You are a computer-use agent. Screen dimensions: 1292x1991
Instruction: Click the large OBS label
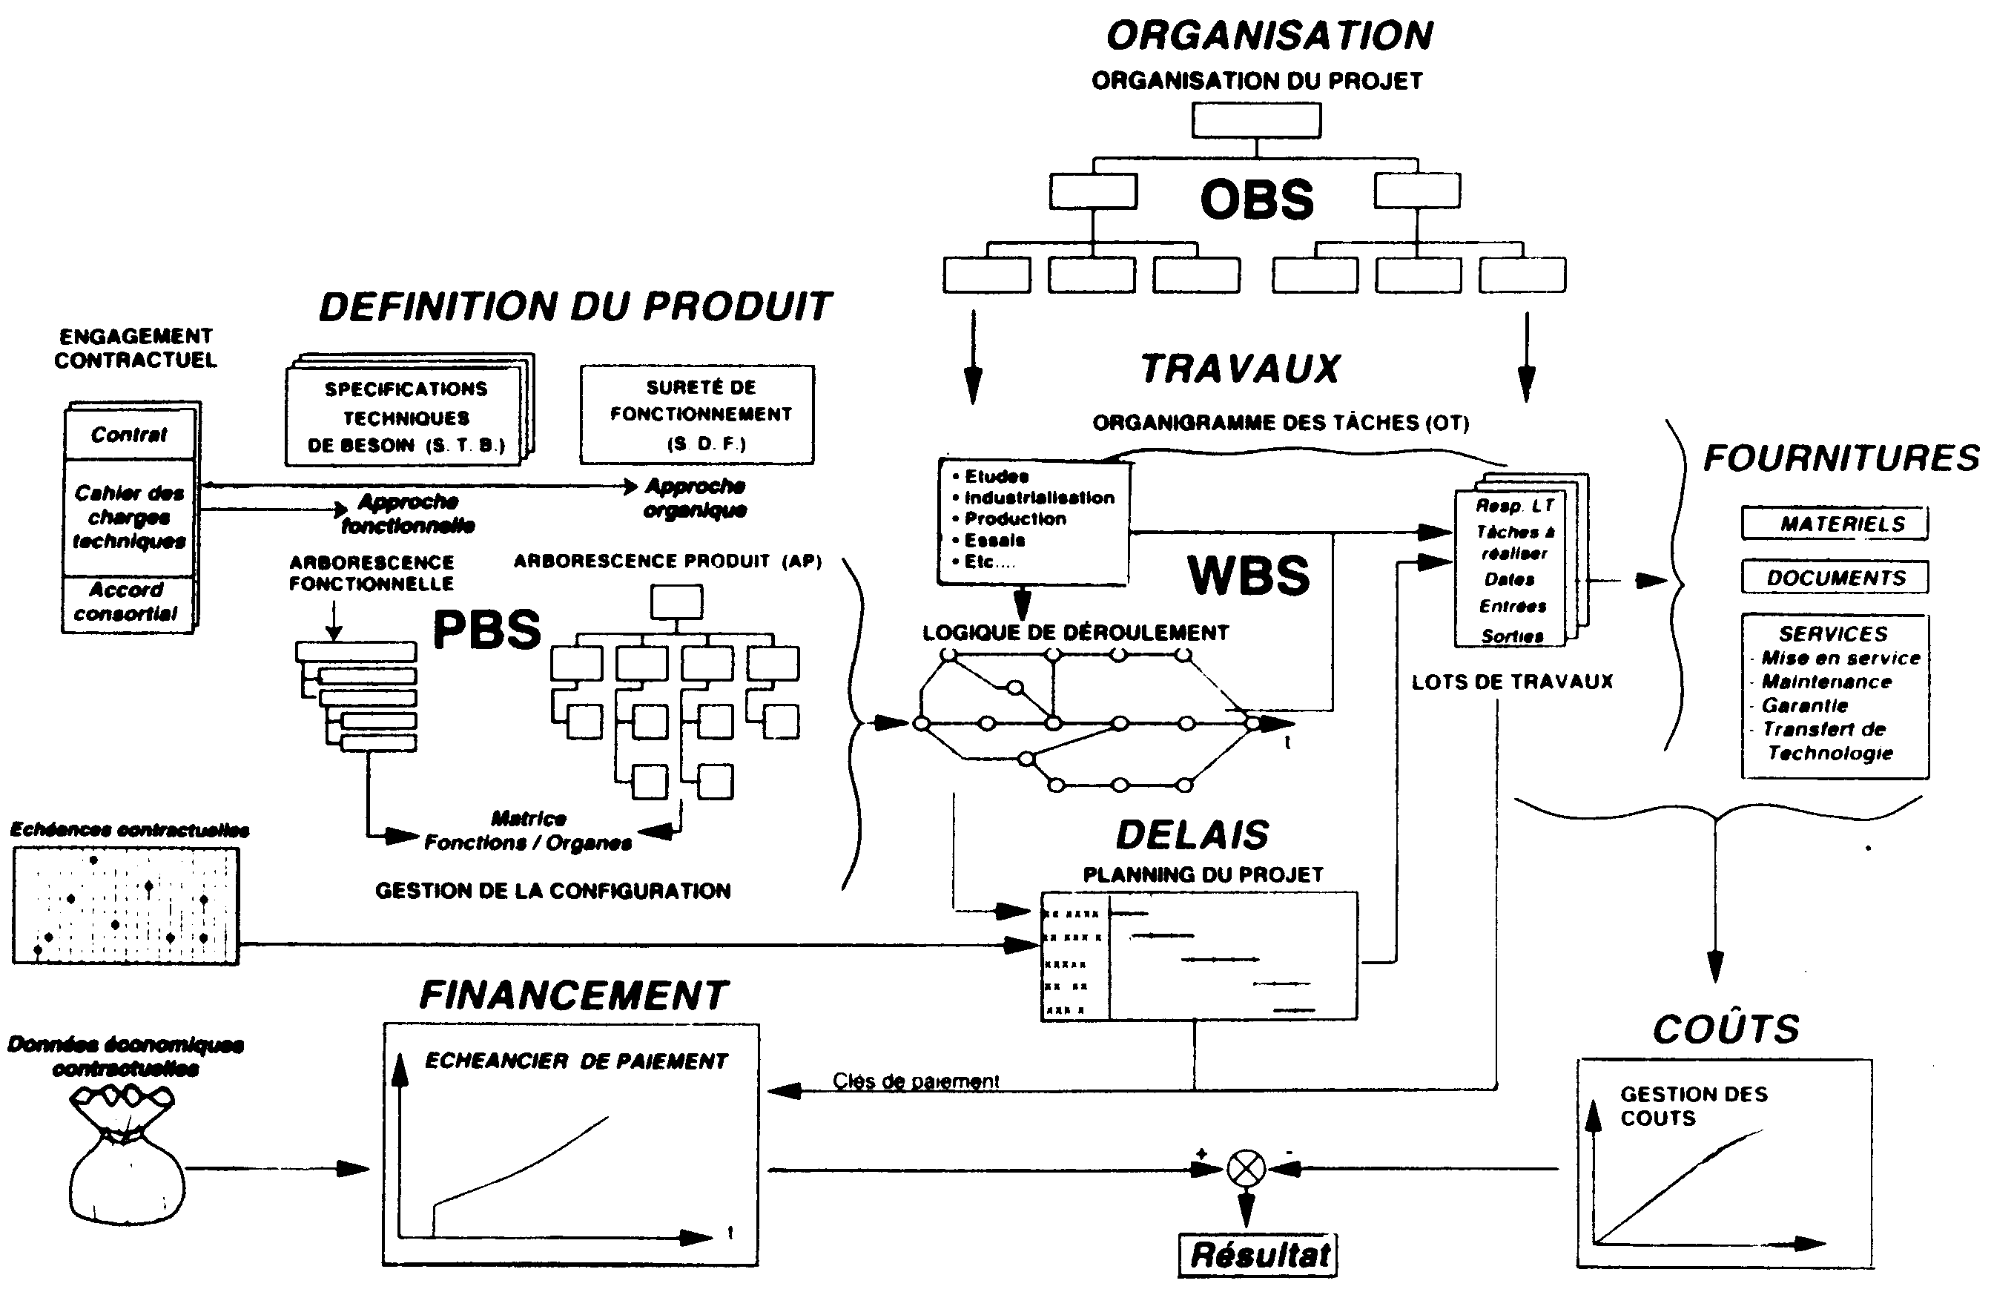click(x=1256, y=200)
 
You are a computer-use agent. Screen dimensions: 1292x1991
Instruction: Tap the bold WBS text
click(x=1248, y=576)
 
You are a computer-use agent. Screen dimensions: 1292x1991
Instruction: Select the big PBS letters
click(x=487, y=629)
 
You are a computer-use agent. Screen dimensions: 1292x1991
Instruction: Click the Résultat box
click(x=1258, y=1254)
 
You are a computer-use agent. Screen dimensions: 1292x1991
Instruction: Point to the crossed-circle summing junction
click(x=1246, y=1169)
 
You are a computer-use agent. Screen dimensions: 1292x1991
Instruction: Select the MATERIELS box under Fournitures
click(x=1835, y=524)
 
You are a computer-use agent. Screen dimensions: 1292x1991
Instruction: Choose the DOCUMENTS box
click(x=1835, y=577)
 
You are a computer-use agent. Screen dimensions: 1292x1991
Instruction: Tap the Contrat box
click(x=129, y=435)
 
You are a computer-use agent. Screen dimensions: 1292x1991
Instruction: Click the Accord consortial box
click(x=127, y=601)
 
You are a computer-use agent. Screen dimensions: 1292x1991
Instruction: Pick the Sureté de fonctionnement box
click(x=697, y=415)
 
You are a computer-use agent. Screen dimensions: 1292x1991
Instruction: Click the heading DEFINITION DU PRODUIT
click(x=575, y=307)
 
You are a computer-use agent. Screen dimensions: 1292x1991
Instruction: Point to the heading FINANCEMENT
click(x=574, y=996)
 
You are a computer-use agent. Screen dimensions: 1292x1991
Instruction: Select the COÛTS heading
click(x=1726, y=1029)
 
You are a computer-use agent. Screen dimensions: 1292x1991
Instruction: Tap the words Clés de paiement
click(x=915, y=1081)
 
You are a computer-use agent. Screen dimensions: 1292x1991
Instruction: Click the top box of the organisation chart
click(x=1255, y=120)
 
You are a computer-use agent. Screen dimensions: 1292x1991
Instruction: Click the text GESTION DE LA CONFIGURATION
click(x=552, y=891)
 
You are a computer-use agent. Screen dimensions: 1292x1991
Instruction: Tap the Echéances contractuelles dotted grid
click(x=125, y=906)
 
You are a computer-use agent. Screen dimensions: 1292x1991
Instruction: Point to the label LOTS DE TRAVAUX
click(x=1512, y=682)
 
